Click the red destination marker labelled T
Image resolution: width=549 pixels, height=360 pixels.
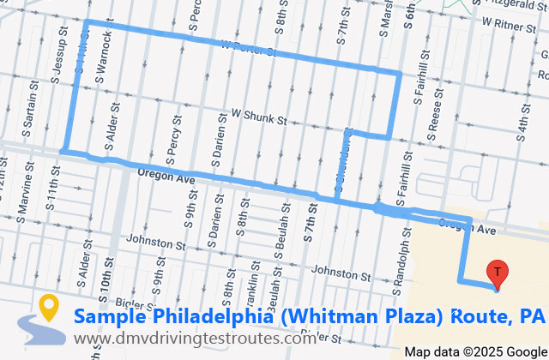pos(497,272)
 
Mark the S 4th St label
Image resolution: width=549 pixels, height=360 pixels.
pos(521,121)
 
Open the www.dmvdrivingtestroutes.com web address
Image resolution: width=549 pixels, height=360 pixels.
pos(207,339)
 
